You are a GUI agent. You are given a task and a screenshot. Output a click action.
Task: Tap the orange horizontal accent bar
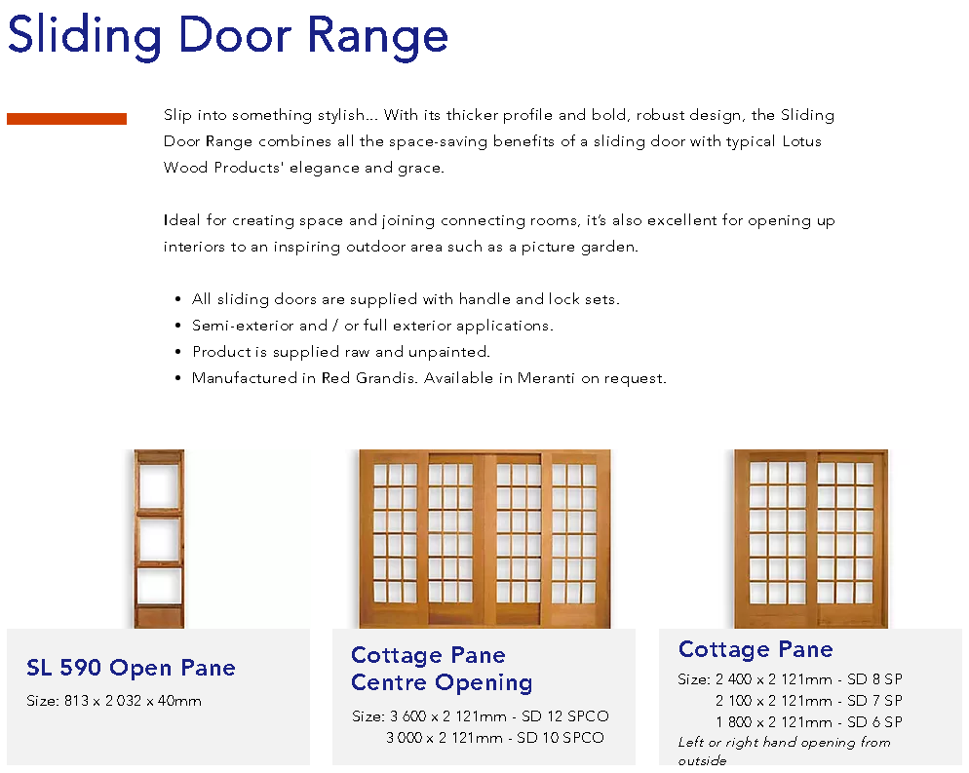point(66,119)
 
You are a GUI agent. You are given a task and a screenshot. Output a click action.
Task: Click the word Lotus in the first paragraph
point(801,141)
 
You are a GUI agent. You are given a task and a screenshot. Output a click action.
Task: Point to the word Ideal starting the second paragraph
point(182,220)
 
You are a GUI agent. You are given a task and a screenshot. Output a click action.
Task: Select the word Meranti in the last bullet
point(546,378)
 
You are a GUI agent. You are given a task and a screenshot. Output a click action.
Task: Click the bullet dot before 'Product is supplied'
point(178,352)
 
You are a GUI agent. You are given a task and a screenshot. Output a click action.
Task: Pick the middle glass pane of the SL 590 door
point(160,539)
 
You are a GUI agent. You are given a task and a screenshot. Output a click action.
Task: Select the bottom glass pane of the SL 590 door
point(160,587)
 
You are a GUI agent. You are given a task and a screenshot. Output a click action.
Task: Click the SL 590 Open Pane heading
point(131,668)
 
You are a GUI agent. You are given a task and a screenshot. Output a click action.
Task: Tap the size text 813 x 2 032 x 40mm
point(133,701)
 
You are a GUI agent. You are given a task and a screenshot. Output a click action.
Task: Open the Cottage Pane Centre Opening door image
point(484,539)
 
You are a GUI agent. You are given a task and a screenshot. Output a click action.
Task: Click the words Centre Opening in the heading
point(442,682)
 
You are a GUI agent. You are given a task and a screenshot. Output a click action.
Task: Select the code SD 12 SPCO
point(564,716)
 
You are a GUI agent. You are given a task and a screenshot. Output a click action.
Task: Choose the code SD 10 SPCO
point(560,738)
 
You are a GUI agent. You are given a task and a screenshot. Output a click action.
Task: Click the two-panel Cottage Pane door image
point(811,539)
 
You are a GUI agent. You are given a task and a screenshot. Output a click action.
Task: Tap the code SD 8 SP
point(874,679)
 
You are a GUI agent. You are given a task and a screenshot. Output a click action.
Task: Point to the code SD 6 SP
point(874,722)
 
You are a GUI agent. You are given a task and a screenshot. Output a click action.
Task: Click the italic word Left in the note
point(691,742)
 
